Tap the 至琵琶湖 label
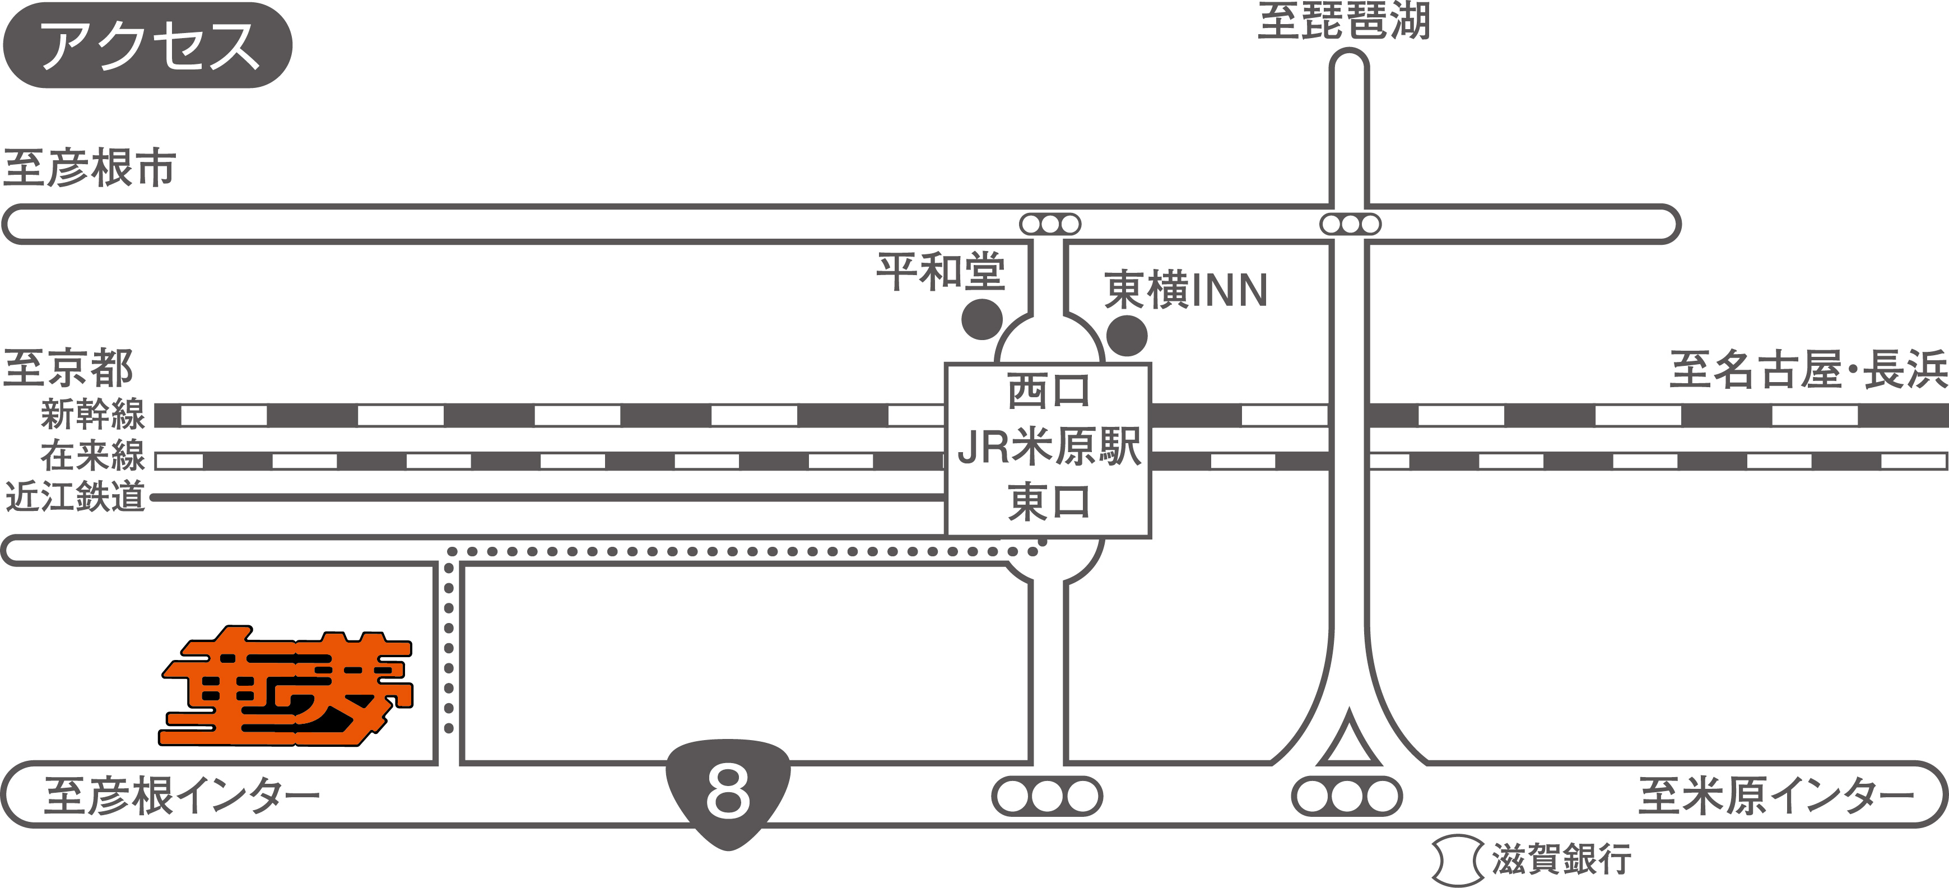point(1344,21)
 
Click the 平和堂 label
point(941,272)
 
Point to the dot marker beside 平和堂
point(982,319)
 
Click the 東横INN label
point(1185,290)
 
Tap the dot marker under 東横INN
point(1127,335)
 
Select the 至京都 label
point(68,368)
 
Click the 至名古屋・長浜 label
point(1807,370)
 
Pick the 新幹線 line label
point(92,415)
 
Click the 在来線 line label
point(92,455)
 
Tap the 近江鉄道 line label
point(75,497)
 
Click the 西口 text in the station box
point(1049,392)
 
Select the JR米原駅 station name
point(1049,447)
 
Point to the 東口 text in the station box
point(1049,502)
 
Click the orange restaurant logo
point(286,687)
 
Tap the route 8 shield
point(728,793)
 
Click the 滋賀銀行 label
point(1561,860)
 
